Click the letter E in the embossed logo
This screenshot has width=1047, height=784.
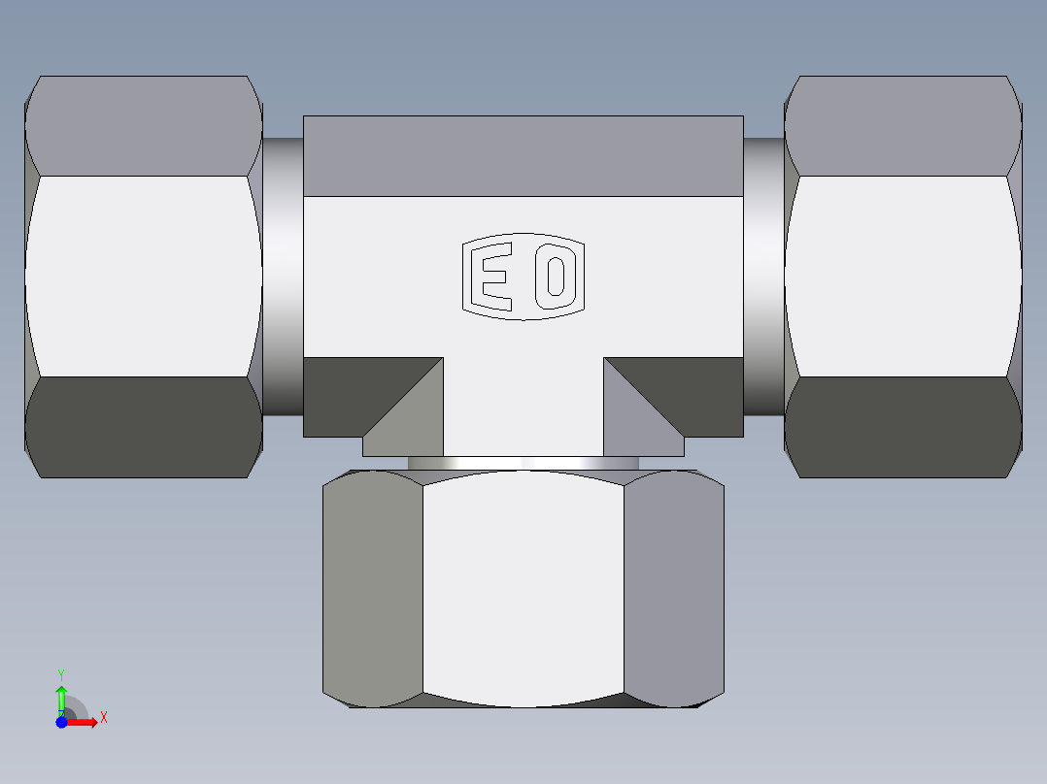(x=491, y=277)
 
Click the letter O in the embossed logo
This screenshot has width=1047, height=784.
(x=556, y=277)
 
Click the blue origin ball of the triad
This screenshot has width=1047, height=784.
(x=61, y=722)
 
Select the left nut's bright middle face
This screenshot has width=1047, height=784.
(x=144, y=277)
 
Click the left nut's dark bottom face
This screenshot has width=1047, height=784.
(x=144, y=427)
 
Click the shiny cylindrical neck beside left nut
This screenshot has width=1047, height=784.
(x=283, y=277)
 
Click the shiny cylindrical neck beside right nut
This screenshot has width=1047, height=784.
(x=763, y=277)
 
